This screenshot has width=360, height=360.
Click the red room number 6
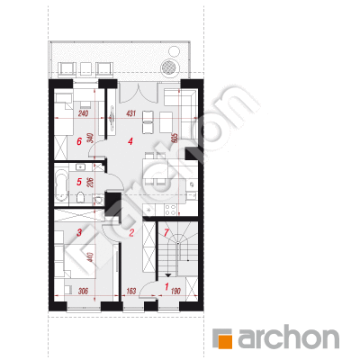coord(79,141)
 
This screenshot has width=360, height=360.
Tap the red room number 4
coord(130,141)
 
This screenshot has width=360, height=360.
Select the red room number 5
coord(79,182)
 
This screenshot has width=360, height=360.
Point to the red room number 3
coord(79,232)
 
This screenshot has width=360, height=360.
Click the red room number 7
coord(166,232)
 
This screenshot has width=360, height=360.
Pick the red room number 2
coord(131,233)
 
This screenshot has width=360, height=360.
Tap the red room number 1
coord(166,287)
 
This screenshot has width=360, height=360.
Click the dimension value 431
coord(131,113)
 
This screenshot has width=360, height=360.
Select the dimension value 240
coord(83,113)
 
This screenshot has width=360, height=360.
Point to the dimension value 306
coord(83,291)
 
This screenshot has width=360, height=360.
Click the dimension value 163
coord(131,291)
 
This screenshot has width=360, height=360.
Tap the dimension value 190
coord(175,291)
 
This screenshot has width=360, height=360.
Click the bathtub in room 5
coord(62,185)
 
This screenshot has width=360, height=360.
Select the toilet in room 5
coord(81,198)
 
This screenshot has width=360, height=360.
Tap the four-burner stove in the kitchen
coord(170,210)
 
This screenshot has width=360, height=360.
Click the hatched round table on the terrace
coord(170,67)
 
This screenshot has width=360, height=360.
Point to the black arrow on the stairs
coord(168,274)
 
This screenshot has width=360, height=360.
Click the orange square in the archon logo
coord(223,339)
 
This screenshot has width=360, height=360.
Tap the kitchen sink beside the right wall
coord(192,184)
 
